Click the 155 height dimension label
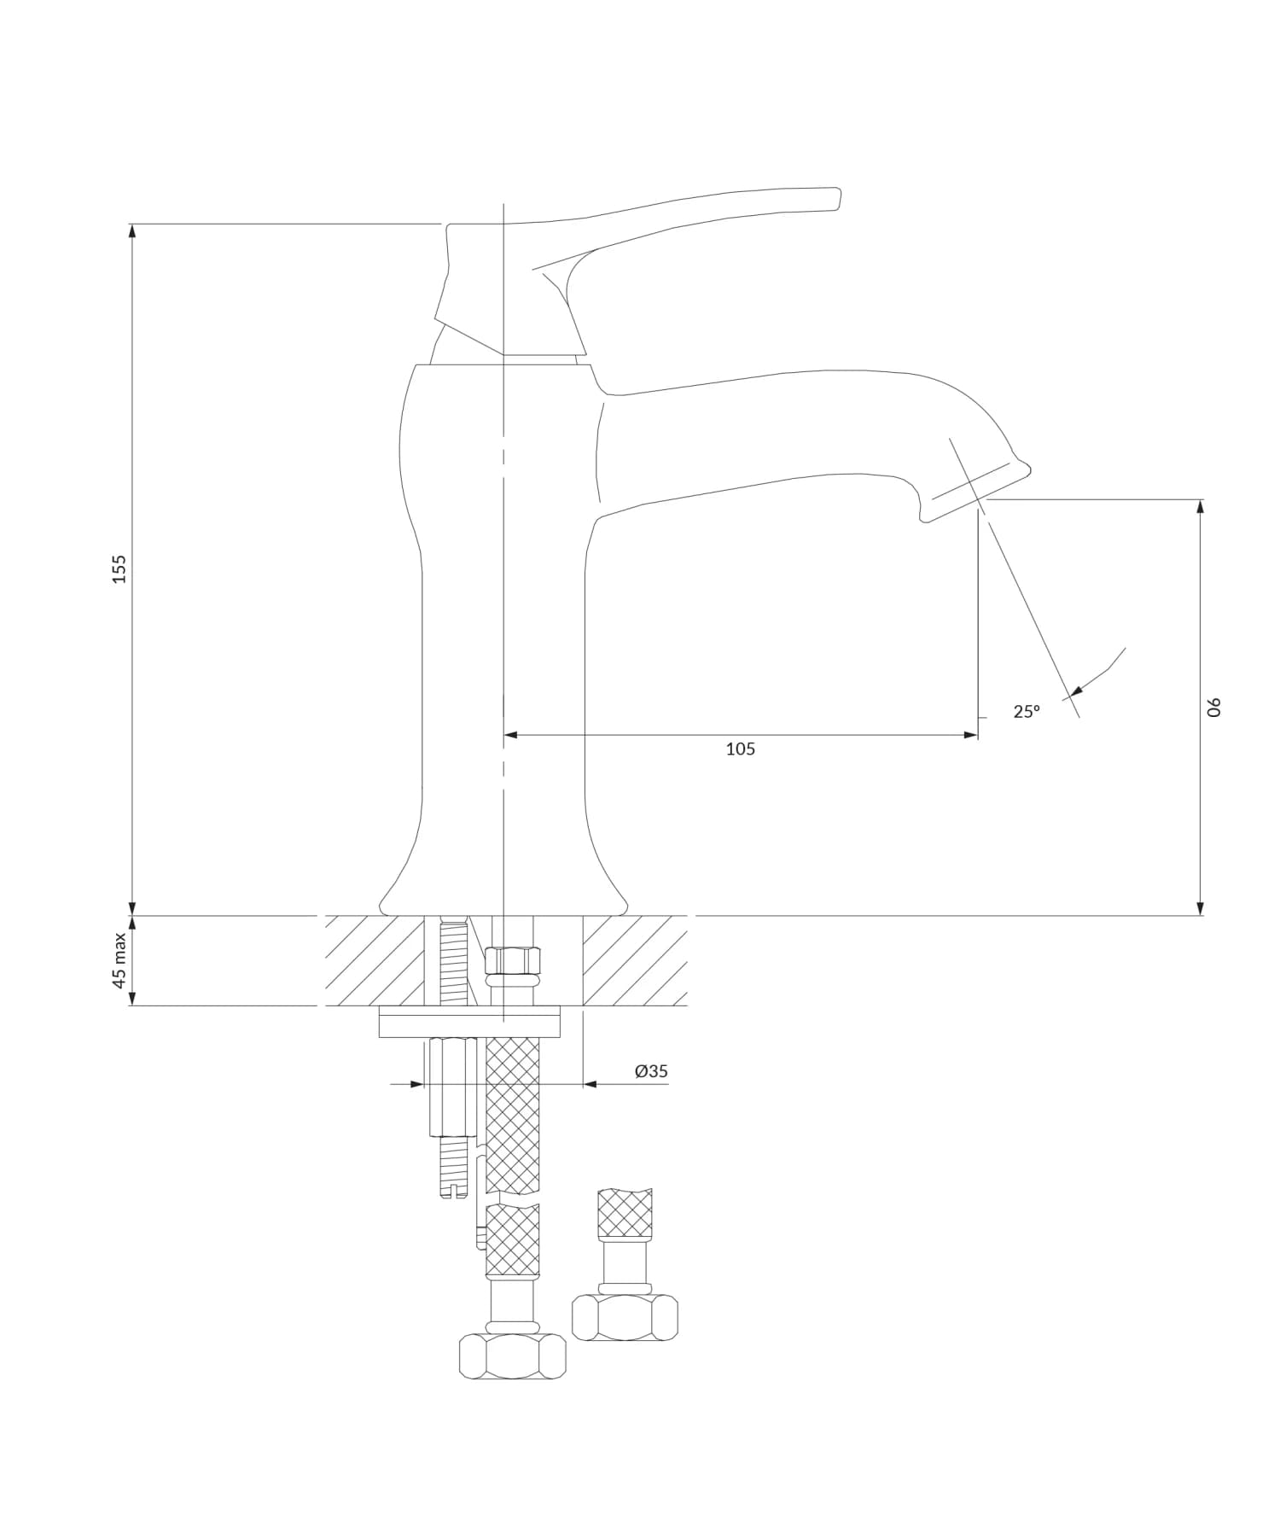click(119, 569)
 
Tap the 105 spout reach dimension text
click(740, 749)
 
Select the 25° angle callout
click(1027, 711)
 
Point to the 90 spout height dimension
click(1214, 707)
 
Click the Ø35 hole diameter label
click(651, 1071)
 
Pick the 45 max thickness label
click(119, 960)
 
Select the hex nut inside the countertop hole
click(513, 961)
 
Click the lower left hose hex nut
click(512, 1356)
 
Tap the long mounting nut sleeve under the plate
click(452, 1087)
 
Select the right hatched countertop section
click(635, 961)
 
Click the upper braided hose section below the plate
click(512, 1114)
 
